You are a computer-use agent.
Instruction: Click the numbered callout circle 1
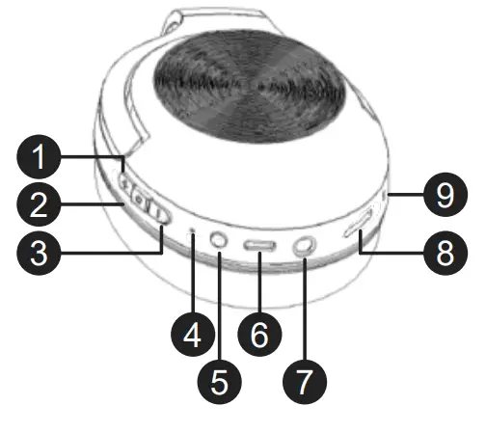39,156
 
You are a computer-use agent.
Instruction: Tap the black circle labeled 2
39,204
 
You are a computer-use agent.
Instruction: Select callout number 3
39,253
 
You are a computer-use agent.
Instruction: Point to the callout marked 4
193,335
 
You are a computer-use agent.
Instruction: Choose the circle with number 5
220,382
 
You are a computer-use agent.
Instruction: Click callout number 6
259,335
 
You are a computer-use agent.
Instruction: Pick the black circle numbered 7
305,382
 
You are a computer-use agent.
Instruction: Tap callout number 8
445,253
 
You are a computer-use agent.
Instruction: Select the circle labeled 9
445,195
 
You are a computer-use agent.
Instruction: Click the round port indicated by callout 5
219,240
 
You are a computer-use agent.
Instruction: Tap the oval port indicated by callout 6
259,246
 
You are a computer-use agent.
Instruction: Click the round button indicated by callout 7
304,246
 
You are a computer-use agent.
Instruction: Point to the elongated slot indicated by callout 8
359,223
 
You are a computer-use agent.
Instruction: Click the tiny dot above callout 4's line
193,230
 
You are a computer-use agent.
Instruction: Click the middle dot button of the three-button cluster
139,200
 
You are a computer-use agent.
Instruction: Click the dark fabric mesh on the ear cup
249,87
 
